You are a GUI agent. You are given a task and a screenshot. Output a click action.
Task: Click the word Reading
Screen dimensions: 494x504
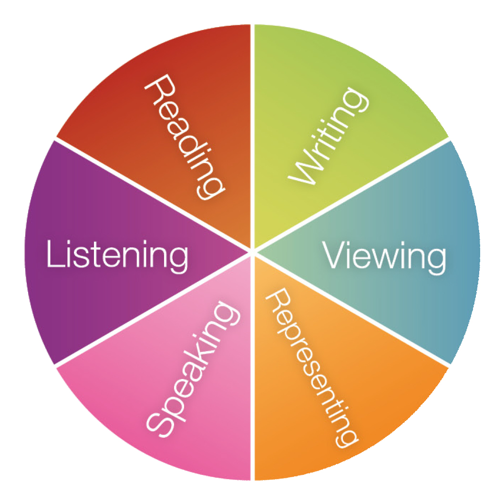184,139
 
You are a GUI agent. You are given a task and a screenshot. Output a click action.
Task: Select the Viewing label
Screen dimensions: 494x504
385,256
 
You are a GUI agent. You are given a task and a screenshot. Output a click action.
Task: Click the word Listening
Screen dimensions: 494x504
117,256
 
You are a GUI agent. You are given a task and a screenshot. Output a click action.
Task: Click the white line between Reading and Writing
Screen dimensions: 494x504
252,119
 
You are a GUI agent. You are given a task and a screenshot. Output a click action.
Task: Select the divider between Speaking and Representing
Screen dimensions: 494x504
253,381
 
